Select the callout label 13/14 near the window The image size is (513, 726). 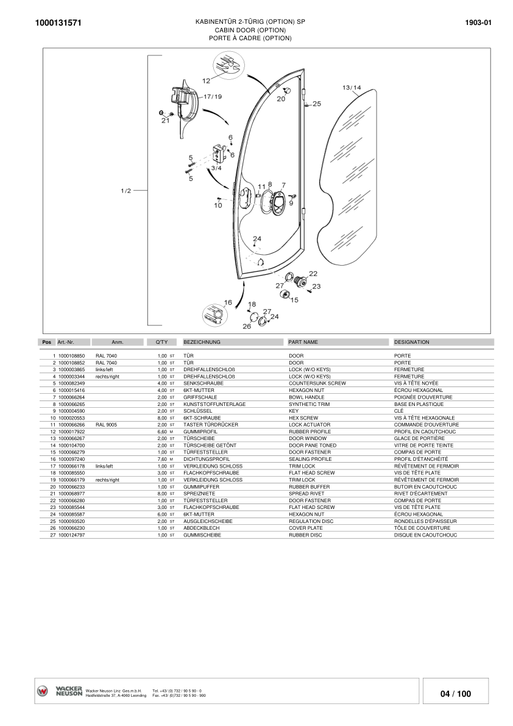pyautogui.click(x=352, y=88)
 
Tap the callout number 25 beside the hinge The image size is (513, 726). pyautogui.click(x=316, y=104)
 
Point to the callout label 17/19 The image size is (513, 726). pyautogui.click(x=212, y=96)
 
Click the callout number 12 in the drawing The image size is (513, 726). pyautogui.click(x=206, y=80)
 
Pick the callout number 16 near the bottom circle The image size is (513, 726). pyautogui.click(x=228, y=302)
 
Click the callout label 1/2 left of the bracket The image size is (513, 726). pyautogui.click(x=126, y=191)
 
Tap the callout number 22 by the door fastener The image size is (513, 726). pyautogui.click(x=313, y=274)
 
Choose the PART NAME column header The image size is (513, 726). pyautogui.click(x=303, y=342)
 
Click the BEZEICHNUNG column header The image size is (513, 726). pyautogui.click(x=202, y=342)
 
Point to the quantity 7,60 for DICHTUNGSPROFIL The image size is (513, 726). pyautogui.click(x=162, y=459)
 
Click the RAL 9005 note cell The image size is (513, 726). pyautogui.click(x=106, y=424)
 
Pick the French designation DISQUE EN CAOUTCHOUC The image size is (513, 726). pyautogui.click(x=425, y=535)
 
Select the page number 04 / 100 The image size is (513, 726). pyautogui.click(x=455, y=694)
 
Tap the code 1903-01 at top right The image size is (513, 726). pyautogui.click(x=478, y=23)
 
